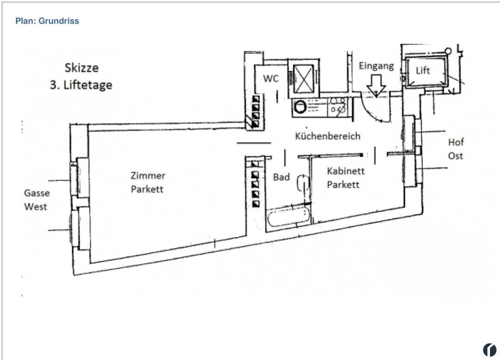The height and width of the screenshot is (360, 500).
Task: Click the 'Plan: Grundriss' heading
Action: [47, 21]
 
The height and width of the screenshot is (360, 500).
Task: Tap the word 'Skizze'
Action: [81, 68]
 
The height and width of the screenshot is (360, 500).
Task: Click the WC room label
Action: [271, 79]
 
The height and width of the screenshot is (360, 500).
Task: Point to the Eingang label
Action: [376, 66]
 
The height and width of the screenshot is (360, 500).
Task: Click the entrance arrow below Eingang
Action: [376, 86]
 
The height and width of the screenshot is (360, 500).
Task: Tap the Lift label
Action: [423, 71]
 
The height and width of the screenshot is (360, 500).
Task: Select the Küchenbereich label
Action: [328, 136]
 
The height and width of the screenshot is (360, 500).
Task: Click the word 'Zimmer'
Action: [148, 176]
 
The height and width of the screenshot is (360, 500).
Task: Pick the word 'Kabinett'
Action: [346, 171]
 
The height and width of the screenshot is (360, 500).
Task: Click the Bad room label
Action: [281, 177]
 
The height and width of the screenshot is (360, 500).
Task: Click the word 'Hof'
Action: [456, 142]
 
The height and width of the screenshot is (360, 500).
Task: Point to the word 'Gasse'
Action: [37, 193]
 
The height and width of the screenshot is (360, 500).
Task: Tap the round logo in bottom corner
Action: [490, 350]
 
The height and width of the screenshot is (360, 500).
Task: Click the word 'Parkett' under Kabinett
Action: [343, 185]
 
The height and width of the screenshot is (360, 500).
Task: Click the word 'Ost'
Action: [456, 156]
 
